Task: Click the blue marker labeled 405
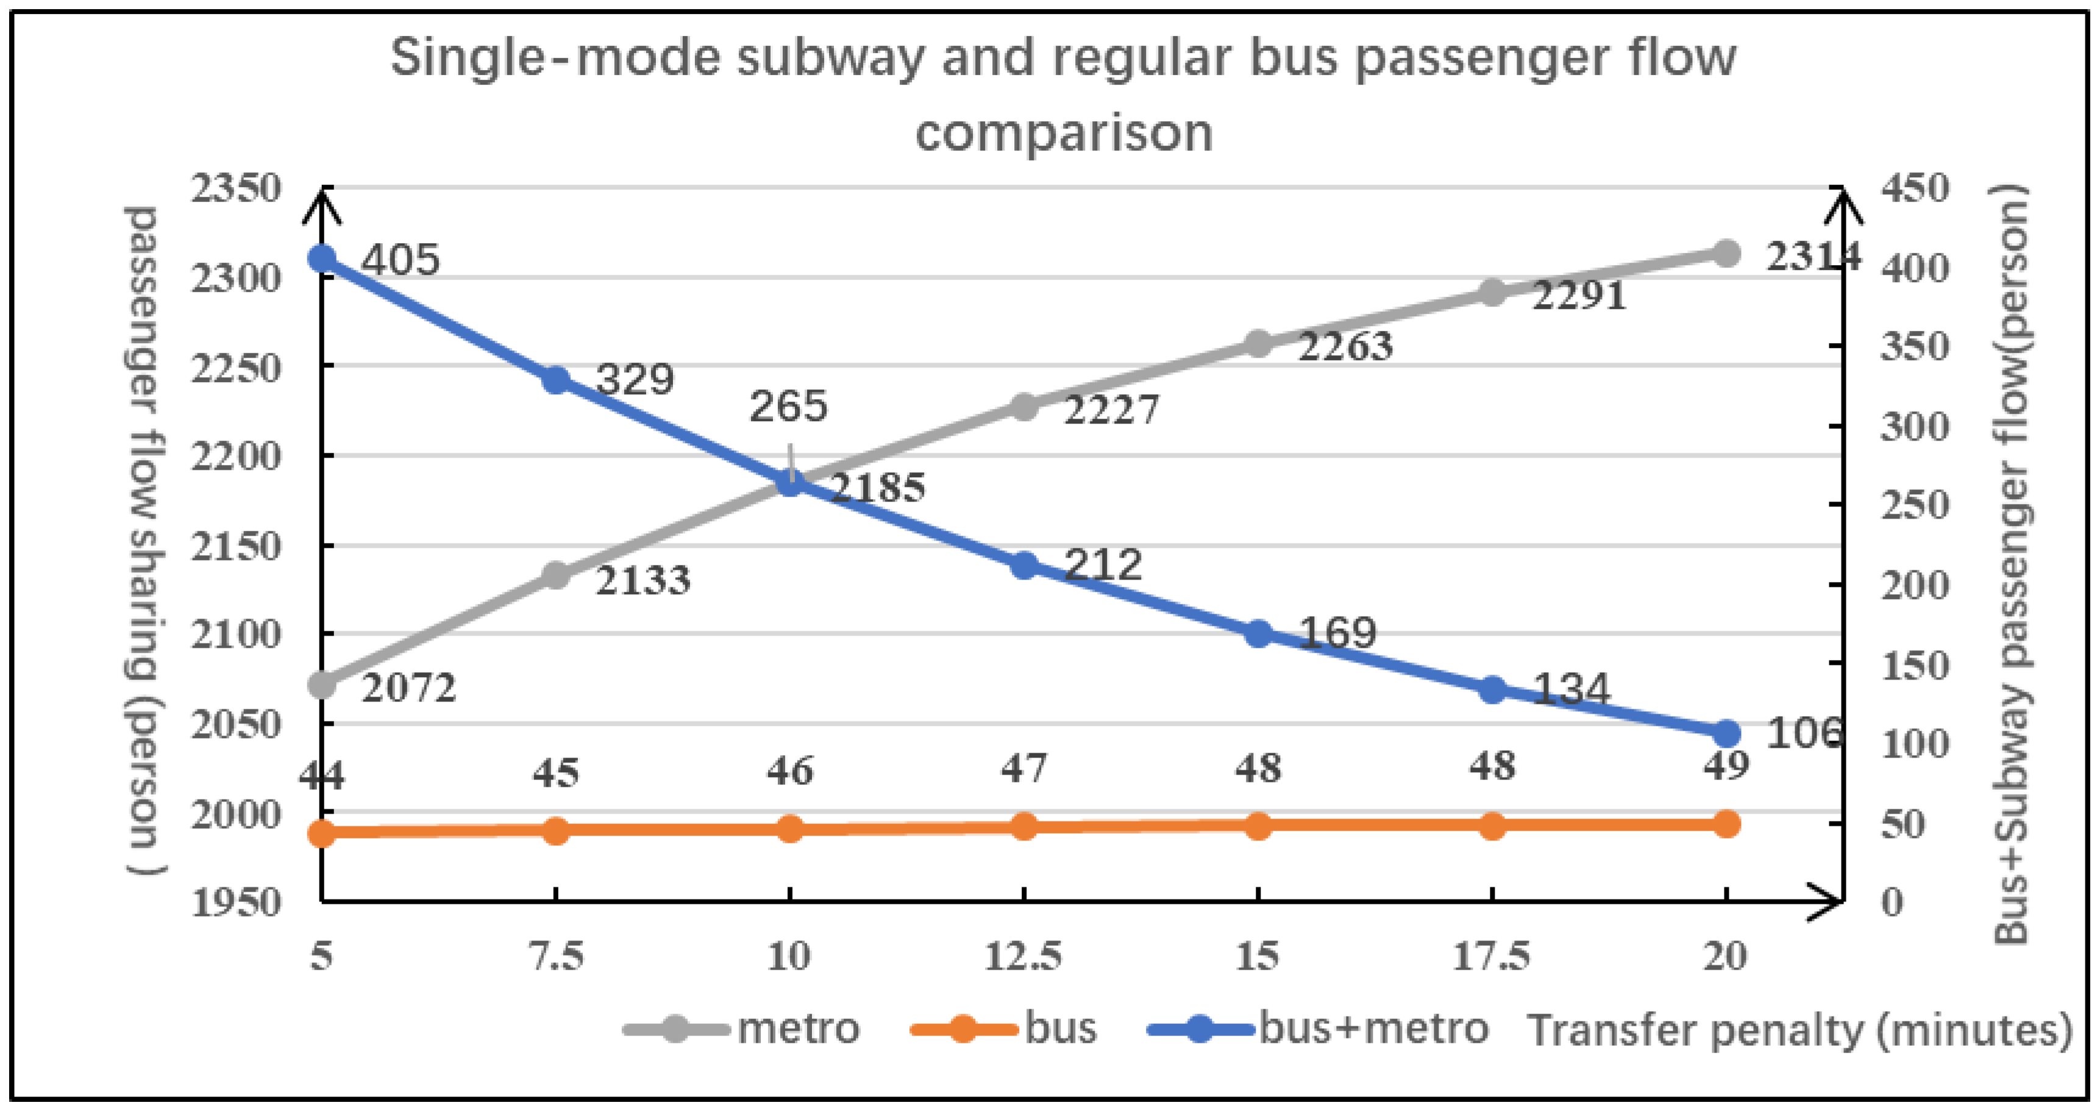click(322, 258)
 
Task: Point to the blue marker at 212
click(1024, 566)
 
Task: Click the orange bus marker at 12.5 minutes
click(1024, 826)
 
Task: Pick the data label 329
click(634, 379)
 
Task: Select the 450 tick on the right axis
click(1914, 188)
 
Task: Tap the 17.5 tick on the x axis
click(1491, 956)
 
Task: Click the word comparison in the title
click(1063, 132)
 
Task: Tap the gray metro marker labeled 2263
click(1258, 344)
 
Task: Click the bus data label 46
click(789, 770)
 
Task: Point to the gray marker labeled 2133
click(556, 575)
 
